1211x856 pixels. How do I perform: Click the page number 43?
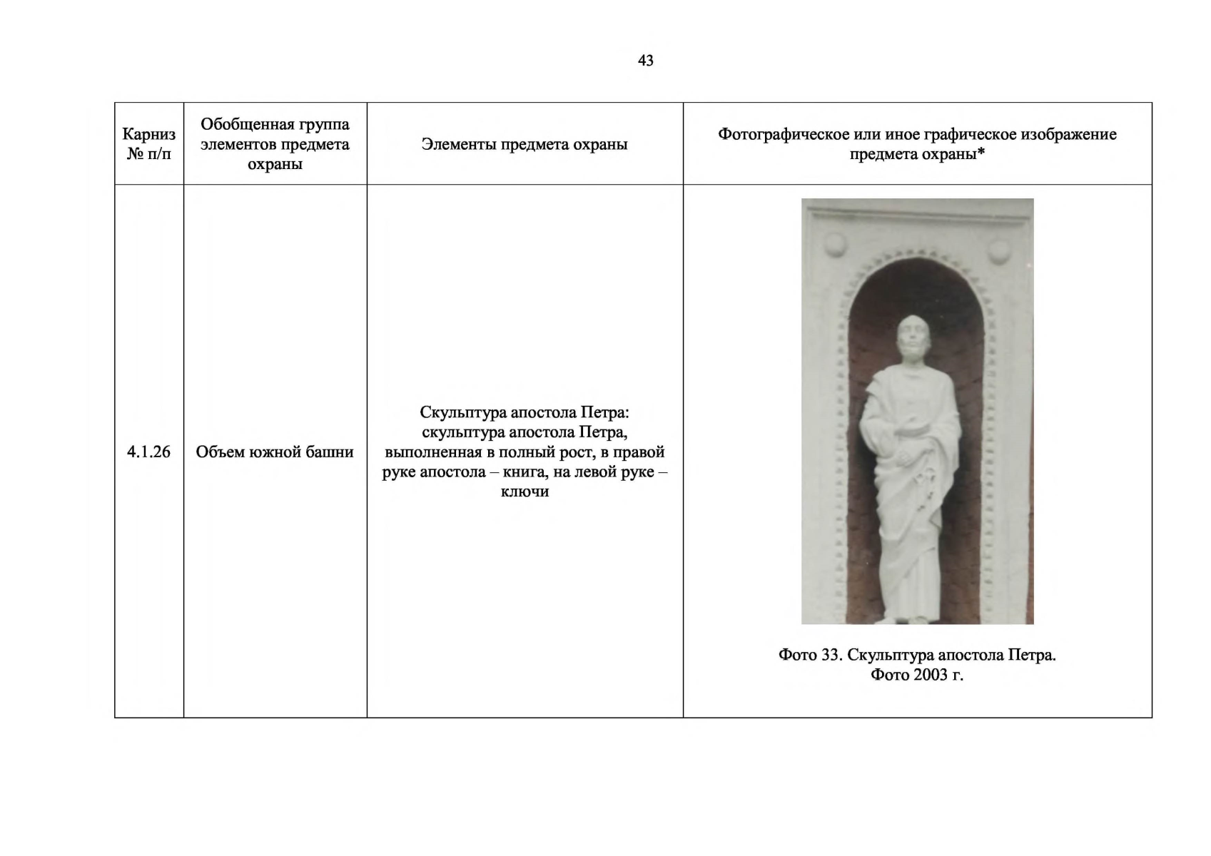[x=645, y=61]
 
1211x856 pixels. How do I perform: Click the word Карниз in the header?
[x=148, y=134]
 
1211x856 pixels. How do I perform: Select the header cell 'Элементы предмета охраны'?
[x=525, y=144]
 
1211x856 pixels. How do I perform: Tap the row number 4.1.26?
[x=148, y=452]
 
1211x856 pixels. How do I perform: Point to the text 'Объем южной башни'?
[x=275, y=452]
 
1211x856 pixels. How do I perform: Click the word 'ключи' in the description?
[x=525, y=491]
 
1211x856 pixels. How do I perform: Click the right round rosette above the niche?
[x=999, y=250]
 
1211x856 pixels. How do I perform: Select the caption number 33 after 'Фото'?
[x=830, y=655]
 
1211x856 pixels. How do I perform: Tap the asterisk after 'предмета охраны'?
[x=981, y=152]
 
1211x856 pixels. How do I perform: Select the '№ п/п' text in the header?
[x=148, y=153]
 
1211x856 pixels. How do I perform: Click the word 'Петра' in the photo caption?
[x=1030, y=655]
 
